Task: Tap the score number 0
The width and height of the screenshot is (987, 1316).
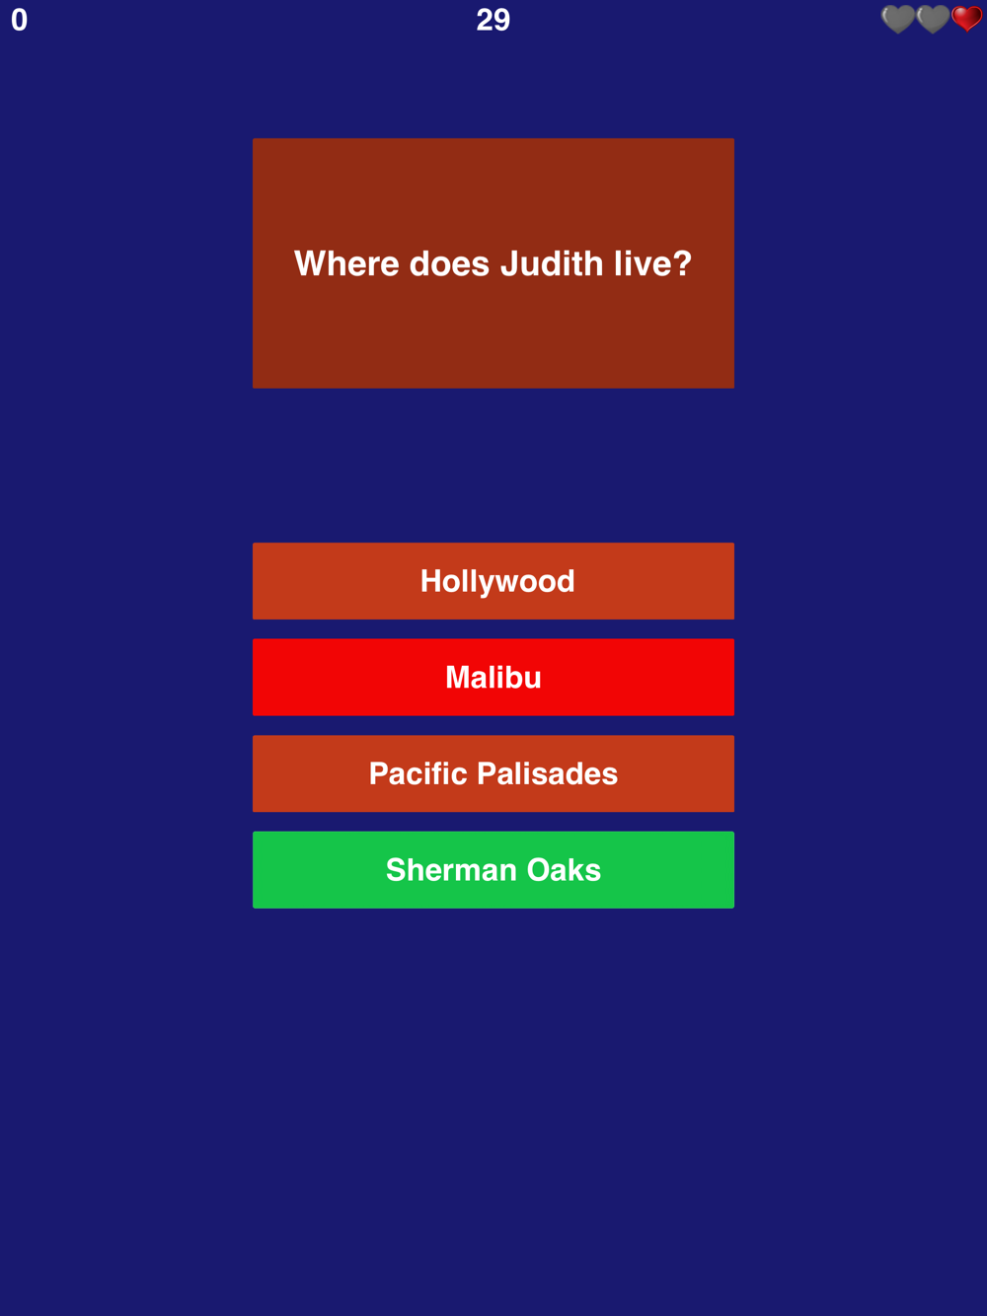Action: tap(19, 21)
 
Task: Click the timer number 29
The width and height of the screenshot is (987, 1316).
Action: tap(493, 21)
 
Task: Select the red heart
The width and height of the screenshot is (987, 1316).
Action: tap(967, 19)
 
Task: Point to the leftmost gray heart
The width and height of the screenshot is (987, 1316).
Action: tap(897, 19)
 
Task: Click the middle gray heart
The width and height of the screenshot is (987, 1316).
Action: tap(933, 19)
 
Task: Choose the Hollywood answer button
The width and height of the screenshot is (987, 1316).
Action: tap(493, 581)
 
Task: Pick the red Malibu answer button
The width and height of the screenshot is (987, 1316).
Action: tap(493, 678)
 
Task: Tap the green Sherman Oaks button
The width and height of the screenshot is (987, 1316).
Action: tap(493, 870)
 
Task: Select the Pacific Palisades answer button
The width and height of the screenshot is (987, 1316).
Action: tap(493, 773)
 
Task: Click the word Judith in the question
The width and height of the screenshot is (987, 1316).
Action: tap(552, 263)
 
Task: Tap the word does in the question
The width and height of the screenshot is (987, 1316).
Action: tap(449, 263)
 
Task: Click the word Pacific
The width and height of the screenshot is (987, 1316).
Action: tap(418, 773)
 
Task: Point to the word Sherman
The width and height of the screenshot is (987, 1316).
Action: tap(451, 870)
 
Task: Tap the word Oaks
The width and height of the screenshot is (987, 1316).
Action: tap(564, 870)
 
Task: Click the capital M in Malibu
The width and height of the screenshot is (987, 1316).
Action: tap(458, 678)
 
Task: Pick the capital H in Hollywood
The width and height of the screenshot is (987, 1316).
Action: tap(431, 581)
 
